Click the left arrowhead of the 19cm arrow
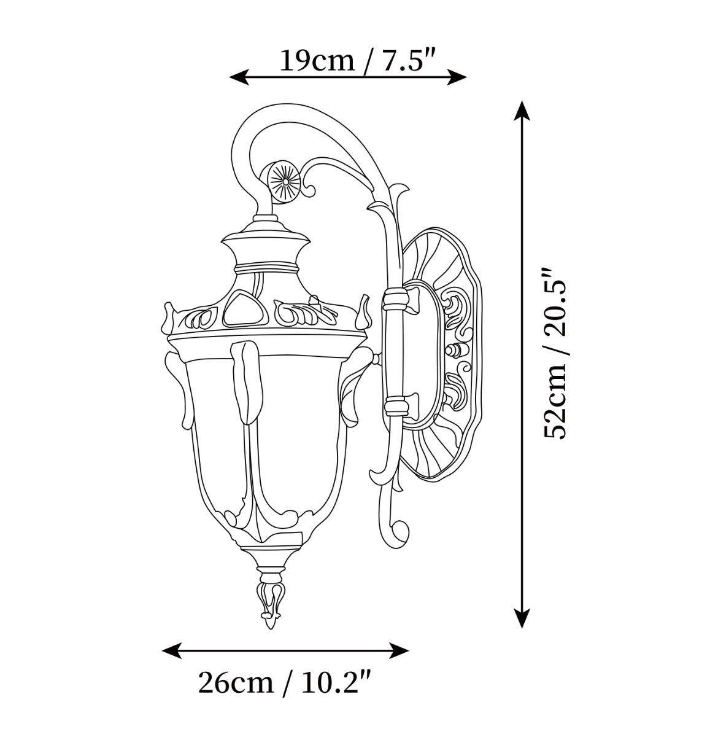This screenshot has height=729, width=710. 239,77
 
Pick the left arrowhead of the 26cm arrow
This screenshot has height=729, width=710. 171,650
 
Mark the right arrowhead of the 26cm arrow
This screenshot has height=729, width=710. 399,650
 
